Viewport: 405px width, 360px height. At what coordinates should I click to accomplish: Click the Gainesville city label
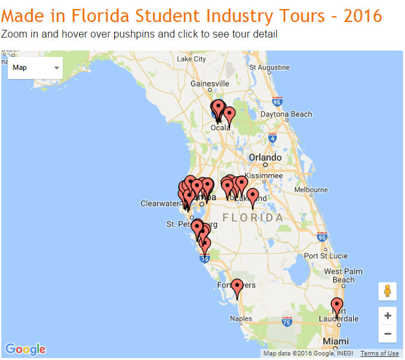[x=210, y=84]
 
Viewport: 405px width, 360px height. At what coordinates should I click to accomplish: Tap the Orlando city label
[x=266, y=157]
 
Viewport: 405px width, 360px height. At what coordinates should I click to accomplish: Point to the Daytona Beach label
[x=286, y=115]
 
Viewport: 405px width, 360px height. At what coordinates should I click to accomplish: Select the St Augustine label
[x=268, y=67]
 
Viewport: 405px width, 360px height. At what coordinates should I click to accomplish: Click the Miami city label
[x=336, y=341]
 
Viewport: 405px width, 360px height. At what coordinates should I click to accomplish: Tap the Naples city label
[x=241, y=319]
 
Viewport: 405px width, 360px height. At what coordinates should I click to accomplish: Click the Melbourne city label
[x=312, y=190]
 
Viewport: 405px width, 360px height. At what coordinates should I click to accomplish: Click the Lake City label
[x=191, y=59]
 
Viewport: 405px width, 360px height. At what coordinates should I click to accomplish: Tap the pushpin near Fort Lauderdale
[x=336, y=306]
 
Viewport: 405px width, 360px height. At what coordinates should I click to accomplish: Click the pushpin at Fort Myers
[x=238, y=286]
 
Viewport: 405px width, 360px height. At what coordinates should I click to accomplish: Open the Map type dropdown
[x=35, y=67]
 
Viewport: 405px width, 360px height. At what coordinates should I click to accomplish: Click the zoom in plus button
[x=388, y=316]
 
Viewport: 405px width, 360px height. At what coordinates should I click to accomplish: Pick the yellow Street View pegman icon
[x=388, y=291]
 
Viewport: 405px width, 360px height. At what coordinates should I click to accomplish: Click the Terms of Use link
[x=379, y=354]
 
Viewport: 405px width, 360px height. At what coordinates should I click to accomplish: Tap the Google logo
[x=27, y=350]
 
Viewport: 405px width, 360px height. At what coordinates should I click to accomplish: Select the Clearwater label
[x=159, y=203]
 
